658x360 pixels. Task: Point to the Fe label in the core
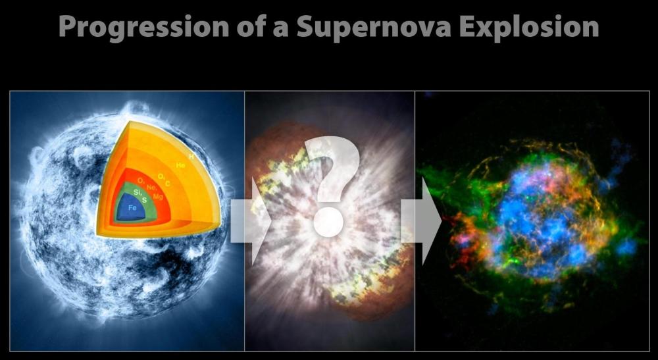tap(132, 207)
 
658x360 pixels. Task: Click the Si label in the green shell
tap(137, 192)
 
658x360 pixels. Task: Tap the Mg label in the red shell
tap(158, 195)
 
